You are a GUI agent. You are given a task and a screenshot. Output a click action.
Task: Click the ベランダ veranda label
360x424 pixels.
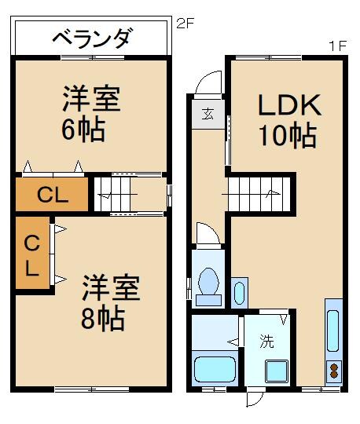point(92,37)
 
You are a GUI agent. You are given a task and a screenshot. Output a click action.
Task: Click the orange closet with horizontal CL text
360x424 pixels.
point(52,196)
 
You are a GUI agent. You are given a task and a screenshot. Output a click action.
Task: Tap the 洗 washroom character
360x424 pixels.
point(266,342)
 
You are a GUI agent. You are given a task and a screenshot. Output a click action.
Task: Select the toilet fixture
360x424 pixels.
point(210,285)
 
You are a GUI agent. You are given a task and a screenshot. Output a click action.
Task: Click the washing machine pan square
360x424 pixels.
point(277,371)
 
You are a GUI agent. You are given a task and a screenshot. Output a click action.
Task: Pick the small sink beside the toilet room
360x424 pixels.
point(240,291)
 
